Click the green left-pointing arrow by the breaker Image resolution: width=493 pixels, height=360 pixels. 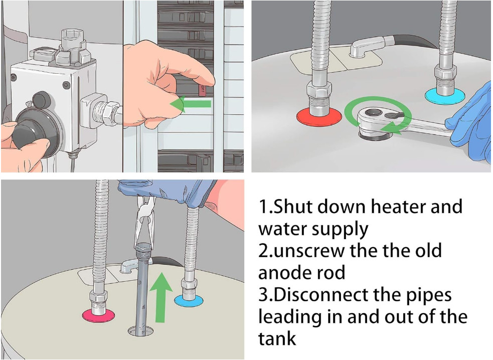(190, 104)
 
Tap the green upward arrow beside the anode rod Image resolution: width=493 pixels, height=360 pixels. (160, 298)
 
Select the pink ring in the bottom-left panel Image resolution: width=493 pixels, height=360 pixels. (98, 316)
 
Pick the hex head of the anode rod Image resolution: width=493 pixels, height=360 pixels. (143, 247)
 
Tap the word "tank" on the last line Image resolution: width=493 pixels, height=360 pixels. (277, 338)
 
